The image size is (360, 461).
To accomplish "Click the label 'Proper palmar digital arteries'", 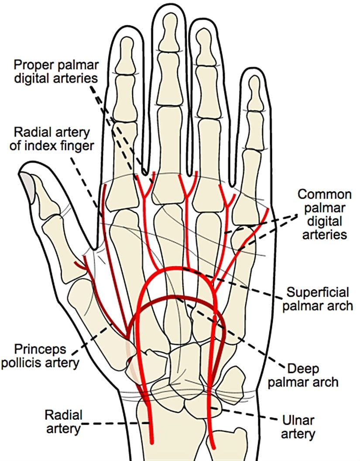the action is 56,72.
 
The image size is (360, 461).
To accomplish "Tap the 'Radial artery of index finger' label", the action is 52,139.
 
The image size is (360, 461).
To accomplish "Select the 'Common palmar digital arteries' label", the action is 325,214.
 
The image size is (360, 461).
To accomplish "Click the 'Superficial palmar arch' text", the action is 318,299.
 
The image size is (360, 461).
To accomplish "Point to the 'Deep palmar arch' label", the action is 303,375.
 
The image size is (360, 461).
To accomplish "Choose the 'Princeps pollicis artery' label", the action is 40,356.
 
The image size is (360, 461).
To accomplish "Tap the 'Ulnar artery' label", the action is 298,427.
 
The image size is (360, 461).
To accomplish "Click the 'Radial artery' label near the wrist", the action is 63,422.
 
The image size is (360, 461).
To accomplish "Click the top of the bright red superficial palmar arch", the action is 176,268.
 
